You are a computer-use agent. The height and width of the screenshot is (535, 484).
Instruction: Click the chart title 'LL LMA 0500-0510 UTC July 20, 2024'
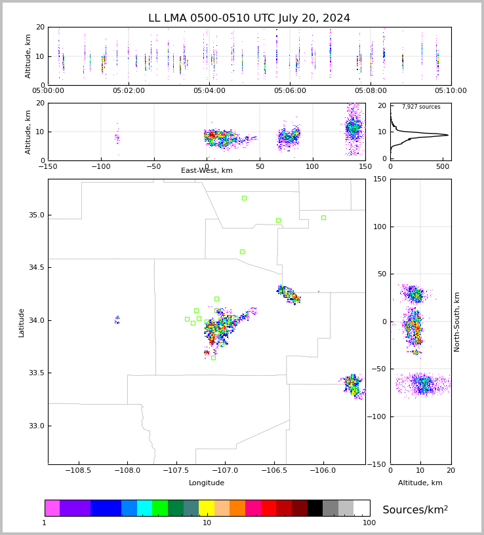point(249,18)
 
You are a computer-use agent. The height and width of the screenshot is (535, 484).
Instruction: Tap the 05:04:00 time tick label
point(209,91)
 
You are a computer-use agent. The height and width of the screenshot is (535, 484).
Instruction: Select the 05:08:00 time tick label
point(371,91)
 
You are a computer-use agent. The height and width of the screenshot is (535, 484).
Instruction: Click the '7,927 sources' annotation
point(421,107)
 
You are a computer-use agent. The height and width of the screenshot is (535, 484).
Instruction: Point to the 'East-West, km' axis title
point(207,170)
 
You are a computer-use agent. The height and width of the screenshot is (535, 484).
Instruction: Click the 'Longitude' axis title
point(207,483)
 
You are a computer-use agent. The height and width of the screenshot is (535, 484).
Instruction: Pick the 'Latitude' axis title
point(21,323)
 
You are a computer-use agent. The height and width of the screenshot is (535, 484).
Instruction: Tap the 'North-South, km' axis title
point(456,322)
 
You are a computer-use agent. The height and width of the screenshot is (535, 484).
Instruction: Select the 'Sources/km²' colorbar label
point(415,509)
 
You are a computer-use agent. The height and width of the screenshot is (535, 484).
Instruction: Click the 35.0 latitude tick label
point(37,215)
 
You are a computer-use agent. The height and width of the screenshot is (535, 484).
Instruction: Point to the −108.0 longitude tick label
point(127,471)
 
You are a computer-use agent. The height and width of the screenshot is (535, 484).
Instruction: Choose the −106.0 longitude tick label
point(323,471)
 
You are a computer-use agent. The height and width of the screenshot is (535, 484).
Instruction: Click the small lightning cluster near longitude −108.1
point(117,320)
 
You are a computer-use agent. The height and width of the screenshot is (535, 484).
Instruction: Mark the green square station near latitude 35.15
point(244,198)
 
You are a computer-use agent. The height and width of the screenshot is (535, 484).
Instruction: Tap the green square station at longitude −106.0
point(323,217)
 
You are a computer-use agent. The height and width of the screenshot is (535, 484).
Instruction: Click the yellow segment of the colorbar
point(207,508)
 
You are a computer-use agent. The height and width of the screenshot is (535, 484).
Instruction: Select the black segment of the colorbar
point(315,508)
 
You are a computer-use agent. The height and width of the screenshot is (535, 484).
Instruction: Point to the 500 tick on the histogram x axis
point(443,166)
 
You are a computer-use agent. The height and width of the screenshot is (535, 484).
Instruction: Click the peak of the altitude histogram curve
point(448,135)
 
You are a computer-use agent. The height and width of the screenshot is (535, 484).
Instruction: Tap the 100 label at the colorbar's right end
point(369,523)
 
